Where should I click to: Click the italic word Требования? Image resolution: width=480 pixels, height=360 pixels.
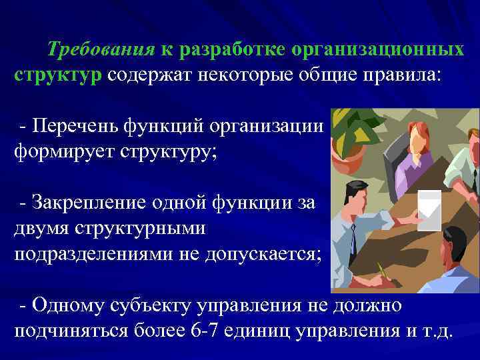(x=99, y=50)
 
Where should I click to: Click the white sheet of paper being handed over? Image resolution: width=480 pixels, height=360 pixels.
(x=429, y=207)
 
